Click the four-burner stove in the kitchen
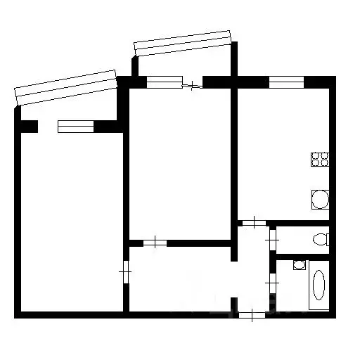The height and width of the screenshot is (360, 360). pos(320,160)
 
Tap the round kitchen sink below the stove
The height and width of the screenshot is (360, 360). pos(320,200)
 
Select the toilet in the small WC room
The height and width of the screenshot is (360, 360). pos(321,238)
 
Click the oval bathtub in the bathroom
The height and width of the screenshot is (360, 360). pos(319,288)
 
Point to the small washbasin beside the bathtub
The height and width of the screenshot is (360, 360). pos(299,265)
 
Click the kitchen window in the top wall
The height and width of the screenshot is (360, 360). pos(285,82)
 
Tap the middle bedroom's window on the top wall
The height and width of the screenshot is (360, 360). pos(164,82)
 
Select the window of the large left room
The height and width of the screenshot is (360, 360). pos(75,127)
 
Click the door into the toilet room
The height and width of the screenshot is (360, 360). pos(272,239)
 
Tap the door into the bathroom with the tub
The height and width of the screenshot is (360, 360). pos(272,284)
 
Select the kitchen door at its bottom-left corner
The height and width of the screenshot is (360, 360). pos(252,223)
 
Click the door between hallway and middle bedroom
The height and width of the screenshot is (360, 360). pos(155,243)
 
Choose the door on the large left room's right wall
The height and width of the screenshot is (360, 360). pos(125,271)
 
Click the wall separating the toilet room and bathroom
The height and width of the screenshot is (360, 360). pos(302,256)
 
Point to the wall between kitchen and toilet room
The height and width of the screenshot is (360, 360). pos(302,222)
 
